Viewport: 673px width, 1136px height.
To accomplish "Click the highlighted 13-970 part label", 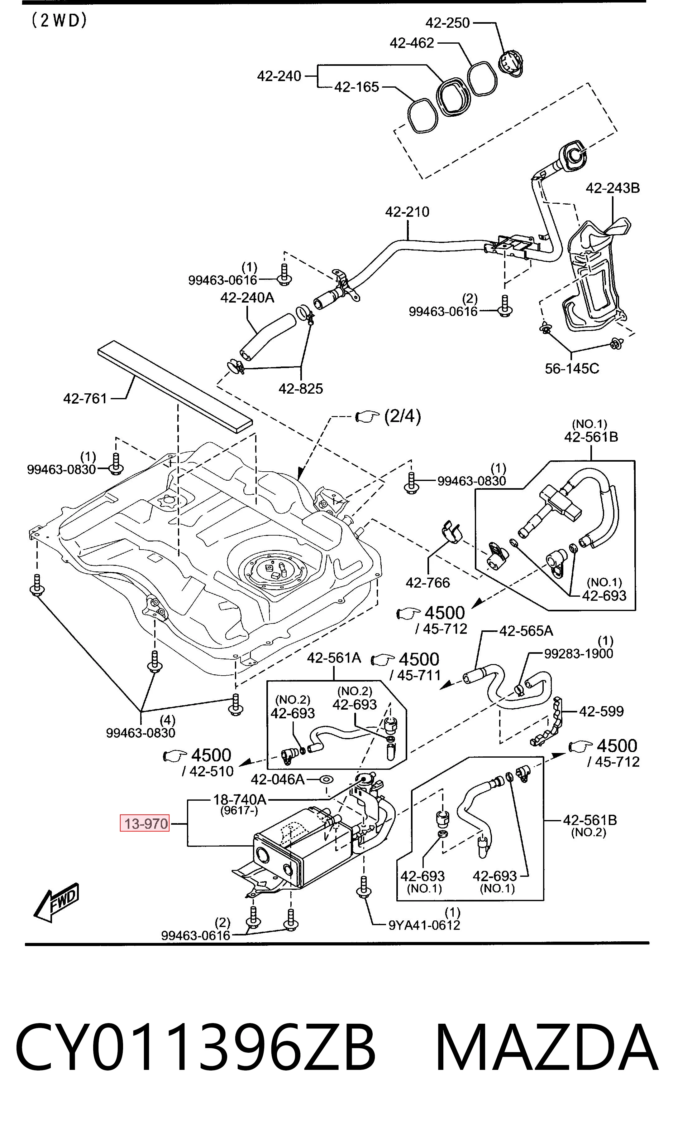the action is coord(145,823).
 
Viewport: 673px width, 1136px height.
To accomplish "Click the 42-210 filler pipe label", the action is coord(407,212).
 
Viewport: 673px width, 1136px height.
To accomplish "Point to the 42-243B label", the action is coord(612,188).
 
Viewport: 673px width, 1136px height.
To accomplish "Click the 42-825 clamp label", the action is coord(300,389).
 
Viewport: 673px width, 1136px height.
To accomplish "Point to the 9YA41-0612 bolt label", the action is coord(424,925).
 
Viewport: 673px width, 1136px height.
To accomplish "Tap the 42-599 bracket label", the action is coord(601,711).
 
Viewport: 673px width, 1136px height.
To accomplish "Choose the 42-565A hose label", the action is coord(526,631).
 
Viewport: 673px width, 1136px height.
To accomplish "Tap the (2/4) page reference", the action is coord(402,416).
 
